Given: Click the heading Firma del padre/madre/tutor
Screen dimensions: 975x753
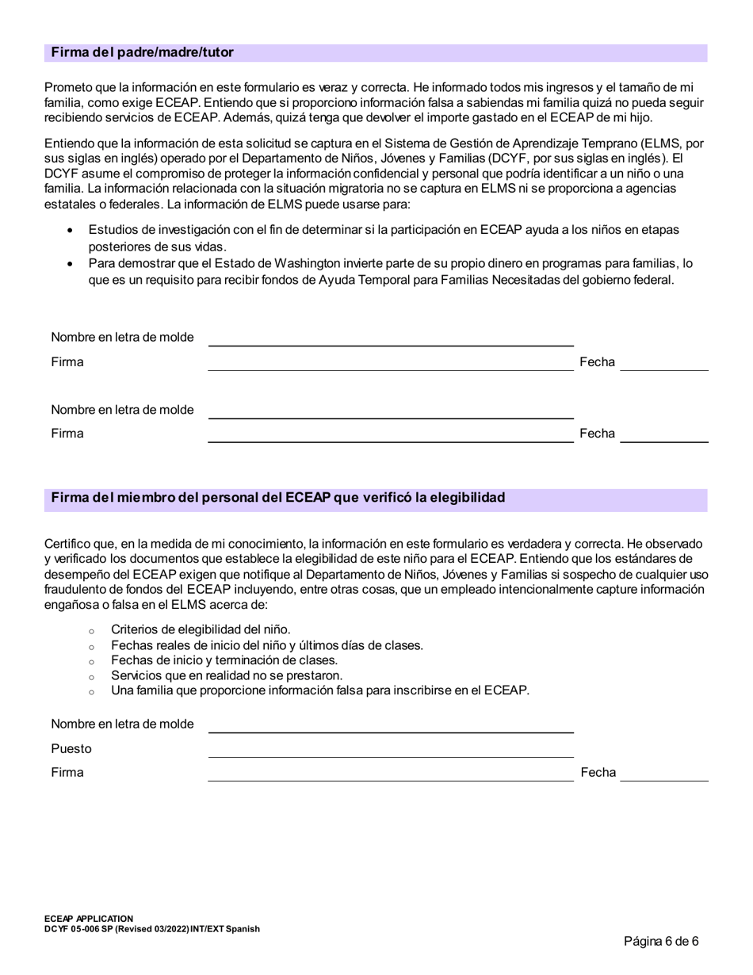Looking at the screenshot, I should coord(142,53).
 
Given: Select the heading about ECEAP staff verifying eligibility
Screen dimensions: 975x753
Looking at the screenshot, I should coord(277,498).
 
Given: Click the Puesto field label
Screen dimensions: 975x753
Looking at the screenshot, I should coord(71,749).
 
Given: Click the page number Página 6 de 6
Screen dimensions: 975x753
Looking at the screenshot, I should coord(661,942).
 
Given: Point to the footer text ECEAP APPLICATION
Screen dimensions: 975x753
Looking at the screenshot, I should coord(89,919).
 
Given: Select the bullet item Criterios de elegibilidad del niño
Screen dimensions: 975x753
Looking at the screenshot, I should coord(201,630).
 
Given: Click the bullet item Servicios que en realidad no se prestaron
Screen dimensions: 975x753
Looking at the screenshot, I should coord(227,675).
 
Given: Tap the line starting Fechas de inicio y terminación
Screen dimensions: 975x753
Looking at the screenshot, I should coord(224,660).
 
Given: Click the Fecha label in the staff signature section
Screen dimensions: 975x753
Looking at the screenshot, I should coord(598,773).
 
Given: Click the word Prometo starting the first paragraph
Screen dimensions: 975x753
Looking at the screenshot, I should coord(69,88).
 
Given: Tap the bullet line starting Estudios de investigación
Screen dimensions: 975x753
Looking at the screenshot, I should coord(383,230).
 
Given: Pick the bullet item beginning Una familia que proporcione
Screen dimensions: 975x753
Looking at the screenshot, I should coord(319,690).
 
